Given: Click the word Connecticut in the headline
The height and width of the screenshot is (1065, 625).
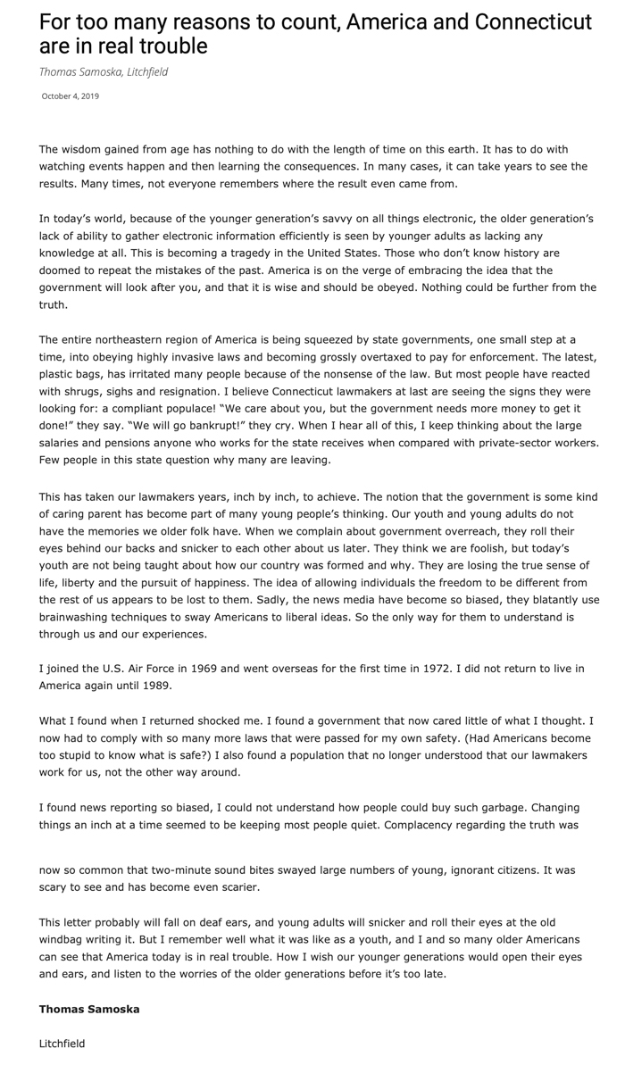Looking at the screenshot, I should click(528, 21).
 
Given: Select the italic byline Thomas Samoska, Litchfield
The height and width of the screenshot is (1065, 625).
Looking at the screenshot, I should click(104, 71).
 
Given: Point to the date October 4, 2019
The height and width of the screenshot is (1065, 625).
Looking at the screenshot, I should click(71, 96).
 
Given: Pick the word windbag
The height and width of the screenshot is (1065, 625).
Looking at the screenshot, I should click(63, 939).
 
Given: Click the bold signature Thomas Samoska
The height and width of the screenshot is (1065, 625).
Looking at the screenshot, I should click(89, 1009).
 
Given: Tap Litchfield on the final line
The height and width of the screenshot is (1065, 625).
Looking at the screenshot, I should click(62, 1043).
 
